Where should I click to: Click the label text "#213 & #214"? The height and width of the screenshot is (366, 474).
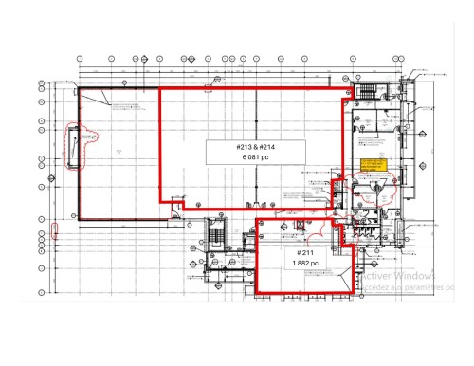(x=256, y=148)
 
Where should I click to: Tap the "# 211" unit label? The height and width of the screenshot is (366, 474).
(x=304, y=254)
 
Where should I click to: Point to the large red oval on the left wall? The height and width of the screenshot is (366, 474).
(x=74, y=145)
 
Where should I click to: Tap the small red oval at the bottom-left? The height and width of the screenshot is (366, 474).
(x=55, y=229)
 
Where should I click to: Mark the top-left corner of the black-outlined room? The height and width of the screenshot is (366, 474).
(x=78, y=88)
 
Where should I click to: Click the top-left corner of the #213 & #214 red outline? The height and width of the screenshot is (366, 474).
(x=159, y=89)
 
